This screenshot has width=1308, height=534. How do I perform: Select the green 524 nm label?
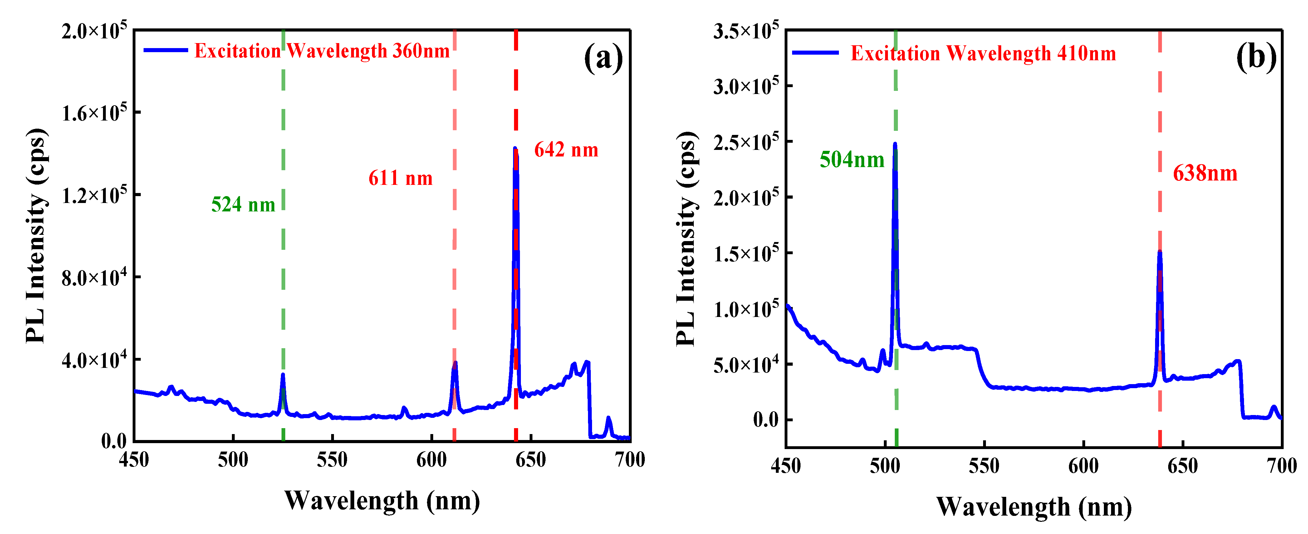(x=243, y=205)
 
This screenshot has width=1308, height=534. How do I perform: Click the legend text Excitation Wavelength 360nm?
(x=322, y=51)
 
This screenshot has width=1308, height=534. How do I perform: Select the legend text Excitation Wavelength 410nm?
(x=983, y=53)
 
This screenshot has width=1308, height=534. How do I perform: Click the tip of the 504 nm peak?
(x=895, y=144)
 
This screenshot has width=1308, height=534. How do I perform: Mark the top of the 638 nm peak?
(x=1160, y=252)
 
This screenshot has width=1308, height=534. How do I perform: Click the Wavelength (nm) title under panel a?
(x=382, y=501)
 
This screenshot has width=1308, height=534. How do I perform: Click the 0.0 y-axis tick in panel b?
(x=766, y=420)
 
